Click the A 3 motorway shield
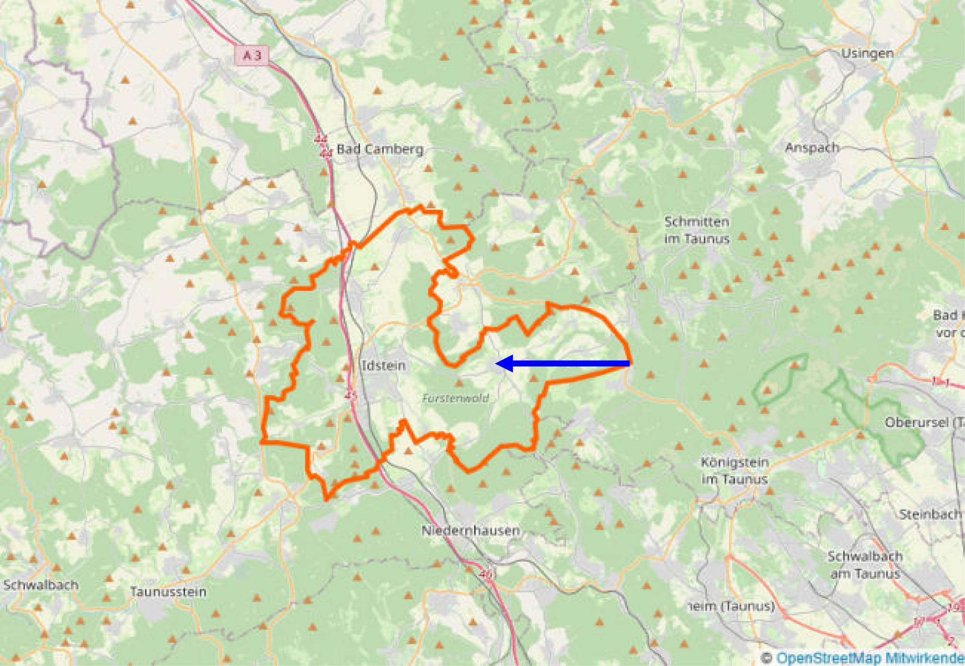[252, 55]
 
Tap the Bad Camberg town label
[380, 150]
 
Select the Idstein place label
[384, 365]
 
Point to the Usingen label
[867, 53]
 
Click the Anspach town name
[812, 148]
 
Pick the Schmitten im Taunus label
[696, 230]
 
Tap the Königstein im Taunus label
[734, 471]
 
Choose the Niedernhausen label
[470, 531]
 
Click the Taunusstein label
[168, 592]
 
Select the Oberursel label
[921, 422]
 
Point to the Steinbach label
[930, 514]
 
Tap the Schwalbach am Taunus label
[865, 565]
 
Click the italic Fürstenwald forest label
[455, 399]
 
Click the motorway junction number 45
[350, 395]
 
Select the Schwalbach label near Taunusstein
[41, 585]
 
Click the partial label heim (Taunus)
[731, 606]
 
